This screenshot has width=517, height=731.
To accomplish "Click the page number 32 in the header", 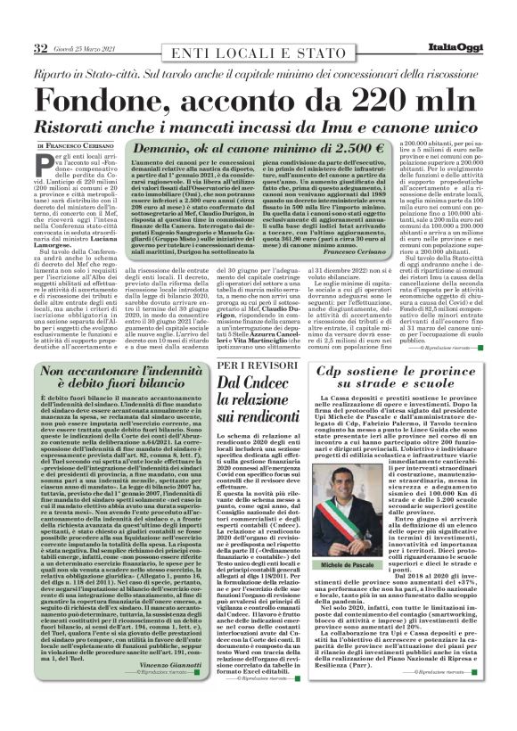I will (40, 47).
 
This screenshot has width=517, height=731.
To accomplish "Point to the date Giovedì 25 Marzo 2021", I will (83, 48).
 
